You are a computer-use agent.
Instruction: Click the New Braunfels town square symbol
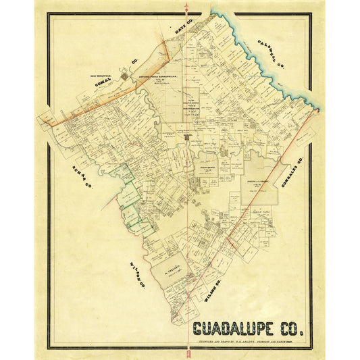[x=126, y=77]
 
